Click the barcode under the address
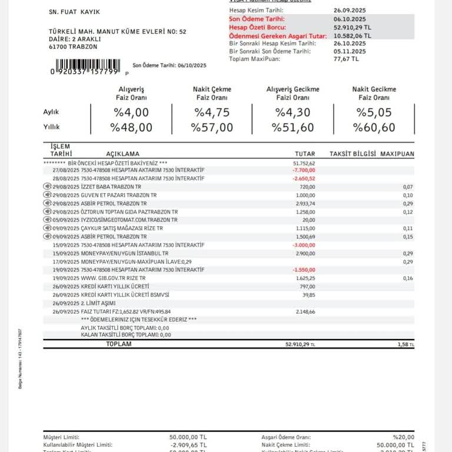pos(87,65)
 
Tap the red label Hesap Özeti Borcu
pos(258,27)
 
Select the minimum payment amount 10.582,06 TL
pos(354,36)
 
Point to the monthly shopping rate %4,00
pos(131,112)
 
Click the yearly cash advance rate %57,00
pos(212,127)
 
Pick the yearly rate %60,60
pos(374,127)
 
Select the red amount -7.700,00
pos(304,170)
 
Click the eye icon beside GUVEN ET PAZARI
pos(48,195)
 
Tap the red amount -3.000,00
pos(304,245)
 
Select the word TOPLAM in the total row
pos(118,344)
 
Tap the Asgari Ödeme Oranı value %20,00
pos(403,437)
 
